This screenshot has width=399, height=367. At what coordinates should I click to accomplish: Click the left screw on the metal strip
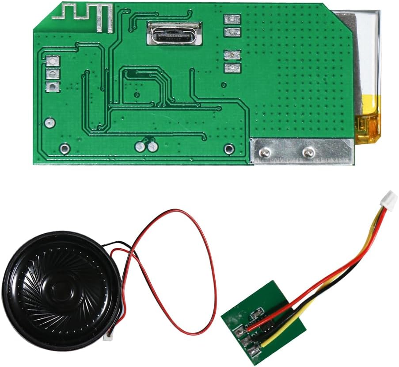point(265,153)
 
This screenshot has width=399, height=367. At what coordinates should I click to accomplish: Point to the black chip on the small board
point(269,329)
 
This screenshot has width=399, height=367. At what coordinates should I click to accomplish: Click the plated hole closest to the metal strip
point(228,149)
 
